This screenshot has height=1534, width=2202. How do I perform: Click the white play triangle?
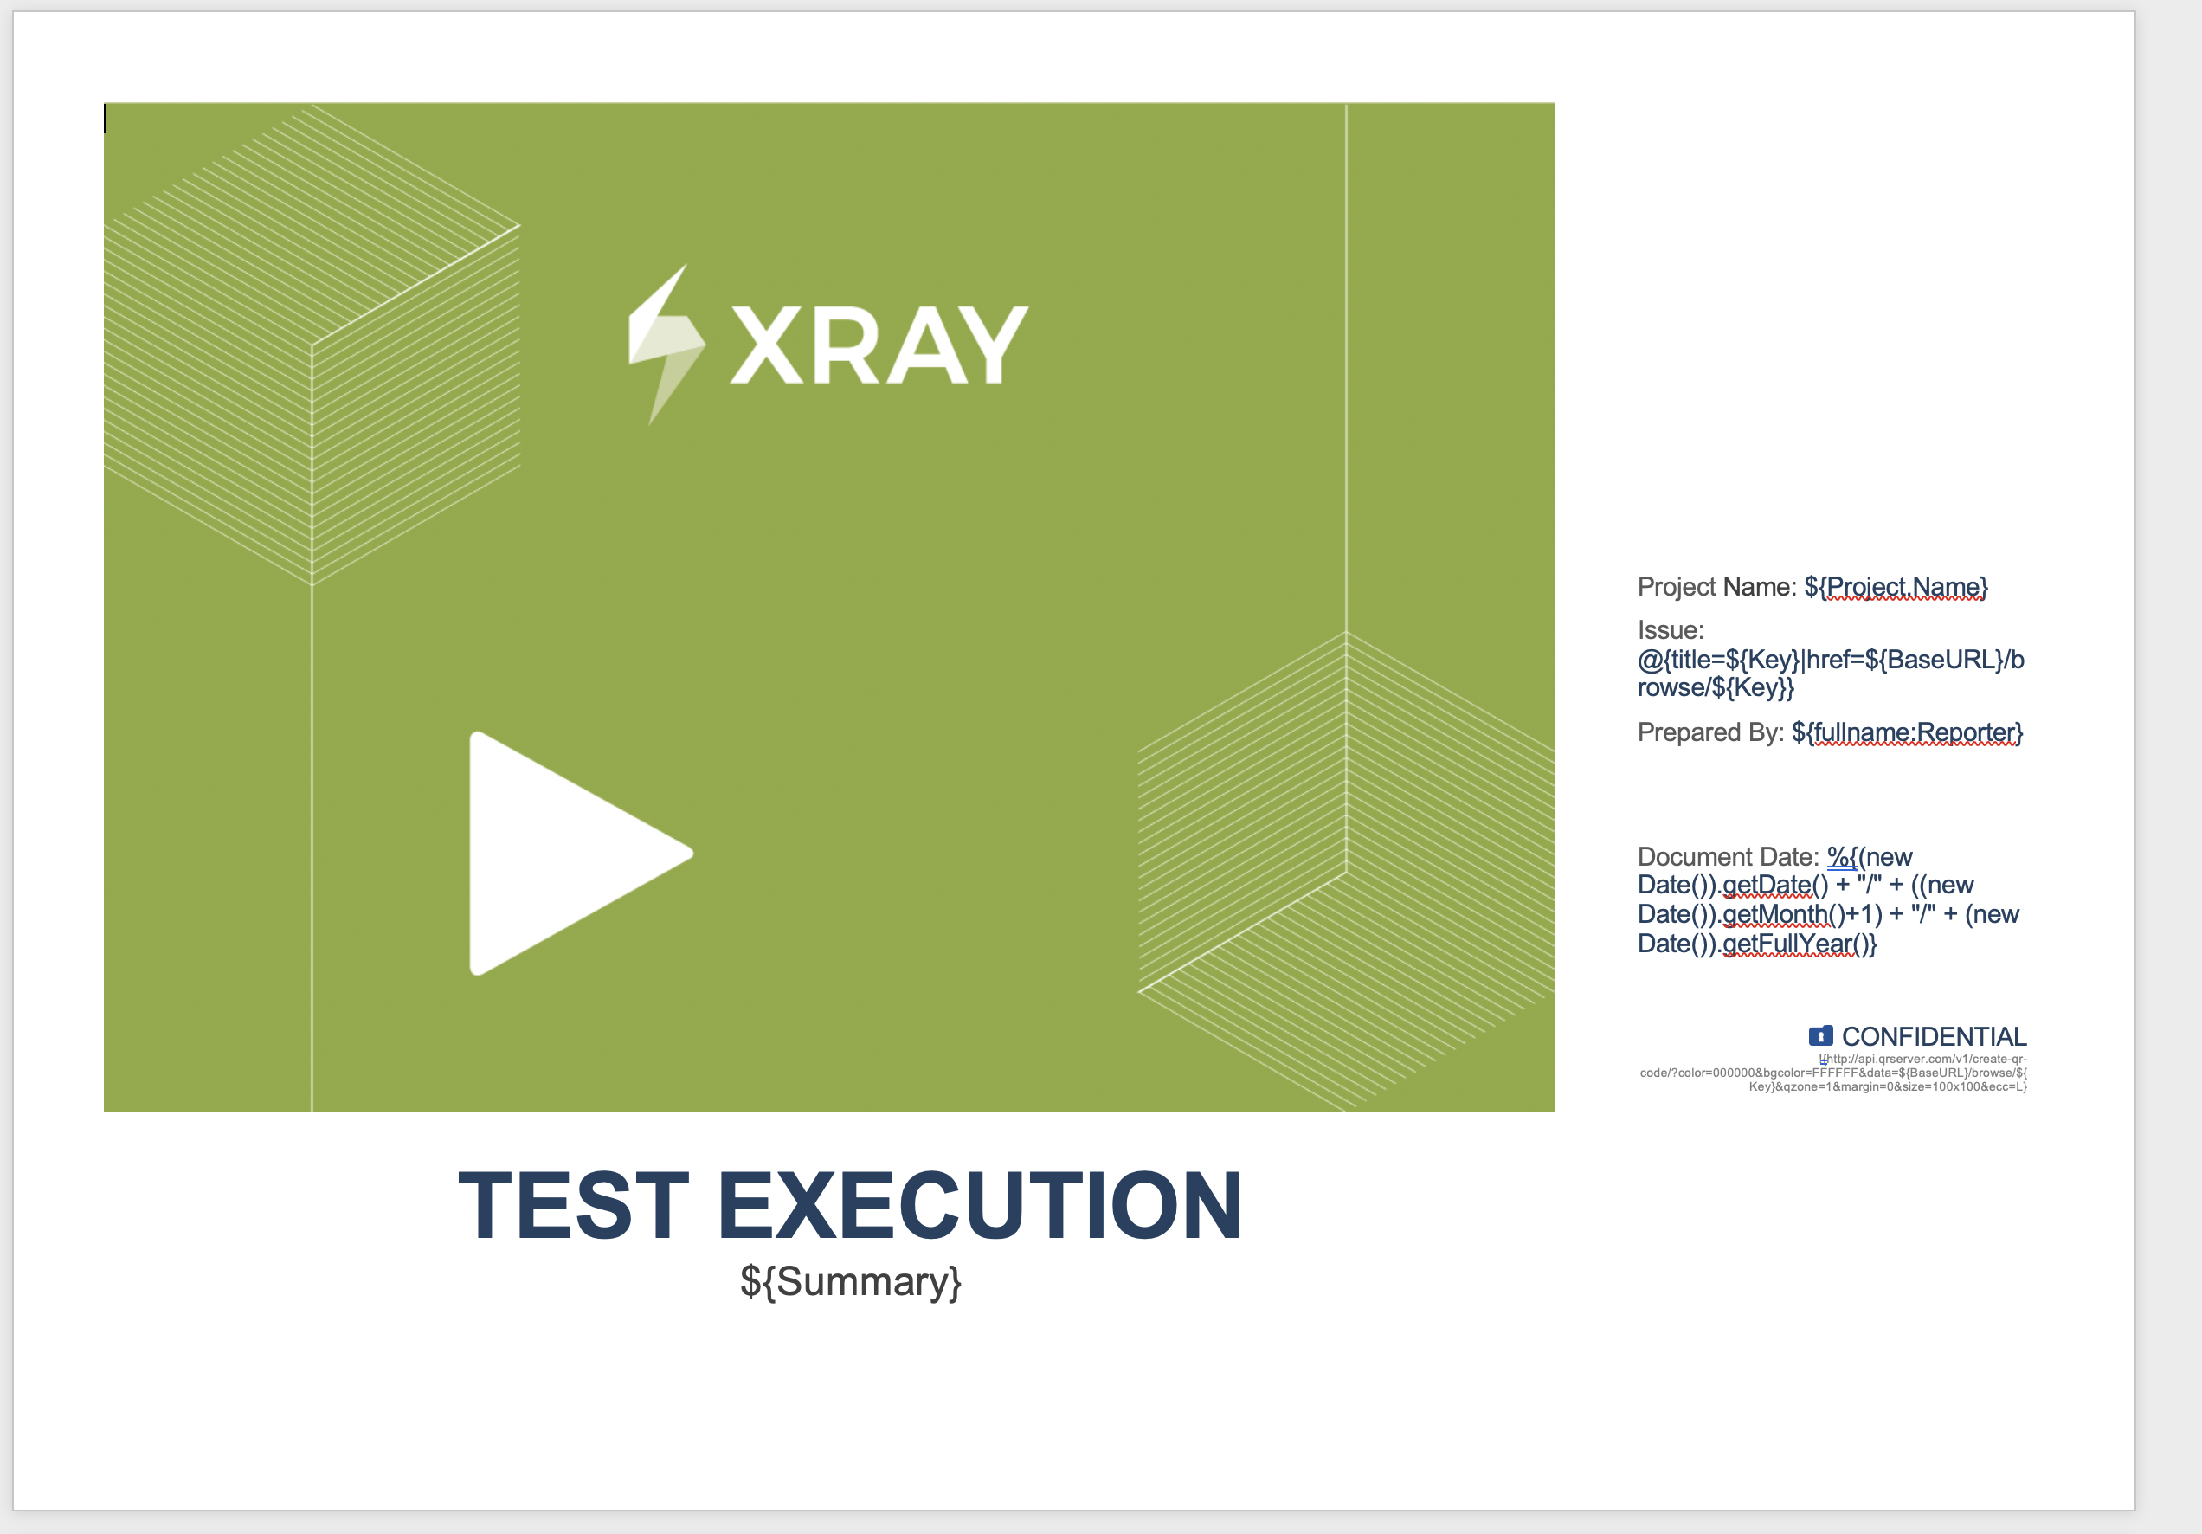coord(566,854)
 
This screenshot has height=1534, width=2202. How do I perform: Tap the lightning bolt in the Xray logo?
coord(666,345)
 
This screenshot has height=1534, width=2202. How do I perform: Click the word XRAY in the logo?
coord(879,345)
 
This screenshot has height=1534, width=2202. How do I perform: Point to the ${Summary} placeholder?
coord(851,1282)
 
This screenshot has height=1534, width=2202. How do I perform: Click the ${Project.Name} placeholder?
coord(1896,586)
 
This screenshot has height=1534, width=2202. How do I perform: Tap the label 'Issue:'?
coord(1671,630)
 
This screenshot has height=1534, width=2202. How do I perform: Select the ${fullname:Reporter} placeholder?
coord(1907,733)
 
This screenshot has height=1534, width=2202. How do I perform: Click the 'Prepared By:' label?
coord(1711,733)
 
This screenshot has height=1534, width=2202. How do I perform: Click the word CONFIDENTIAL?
coord(1934,1037)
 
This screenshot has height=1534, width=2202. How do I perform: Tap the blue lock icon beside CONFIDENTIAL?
coord(1820,1036)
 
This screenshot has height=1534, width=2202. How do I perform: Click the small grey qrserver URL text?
coord(1834,1073)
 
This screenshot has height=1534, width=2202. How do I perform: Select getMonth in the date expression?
coord(1775,914)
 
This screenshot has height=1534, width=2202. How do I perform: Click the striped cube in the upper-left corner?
coord(312,345)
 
